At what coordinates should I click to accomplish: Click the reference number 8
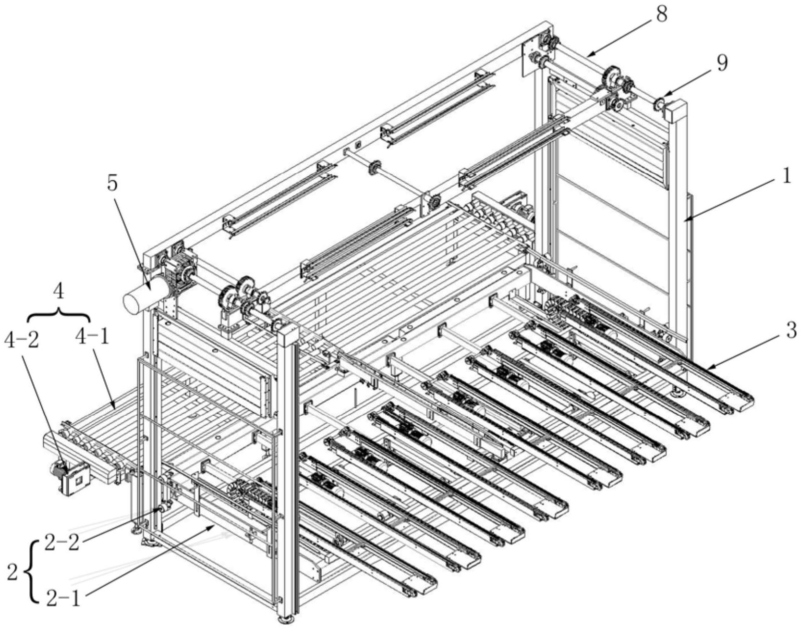click(661, 14)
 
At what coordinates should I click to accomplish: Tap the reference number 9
click(722, 63)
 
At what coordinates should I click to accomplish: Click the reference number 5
click(112, 184)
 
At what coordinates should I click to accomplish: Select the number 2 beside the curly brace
click(13, 571)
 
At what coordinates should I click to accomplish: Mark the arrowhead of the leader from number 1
click(688, 219)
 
